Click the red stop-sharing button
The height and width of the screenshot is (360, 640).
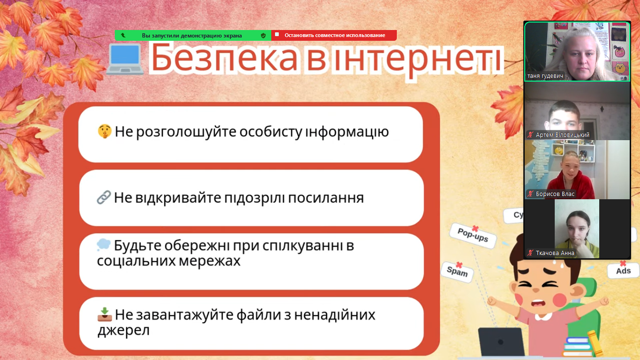[334, 35]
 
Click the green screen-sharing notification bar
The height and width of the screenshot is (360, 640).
[193, 36]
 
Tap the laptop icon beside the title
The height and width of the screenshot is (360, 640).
[125, 59]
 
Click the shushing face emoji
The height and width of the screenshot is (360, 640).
[104, 132]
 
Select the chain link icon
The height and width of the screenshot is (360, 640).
[104, 197]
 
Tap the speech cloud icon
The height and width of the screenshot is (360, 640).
[104, 245]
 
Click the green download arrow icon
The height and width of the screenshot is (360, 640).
[104, 314]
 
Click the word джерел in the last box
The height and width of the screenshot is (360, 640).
[123, 331]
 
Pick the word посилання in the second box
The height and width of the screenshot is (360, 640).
[326, 198]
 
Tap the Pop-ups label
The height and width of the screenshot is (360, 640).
[473, 235]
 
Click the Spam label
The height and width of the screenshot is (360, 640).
[457, 271]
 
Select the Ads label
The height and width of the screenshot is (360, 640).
[623, 270]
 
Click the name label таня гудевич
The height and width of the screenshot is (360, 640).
[545, 76]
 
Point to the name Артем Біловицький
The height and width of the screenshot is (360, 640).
[563, 135]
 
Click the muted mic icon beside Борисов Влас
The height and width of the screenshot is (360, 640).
[530, 194]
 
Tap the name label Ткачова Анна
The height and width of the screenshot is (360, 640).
[555, 253]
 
